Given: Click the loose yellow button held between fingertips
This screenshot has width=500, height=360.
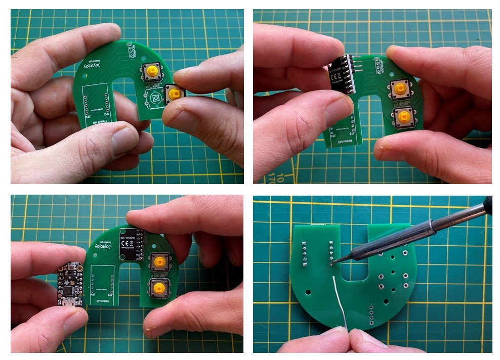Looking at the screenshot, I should [x=174, y=94].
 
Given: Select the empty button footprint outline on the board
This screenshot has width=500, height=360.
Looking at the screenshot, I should [x=155, y=97].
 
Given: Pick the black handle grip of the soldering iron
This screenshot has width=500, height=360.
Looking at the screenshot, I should [x=488, y=205].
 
